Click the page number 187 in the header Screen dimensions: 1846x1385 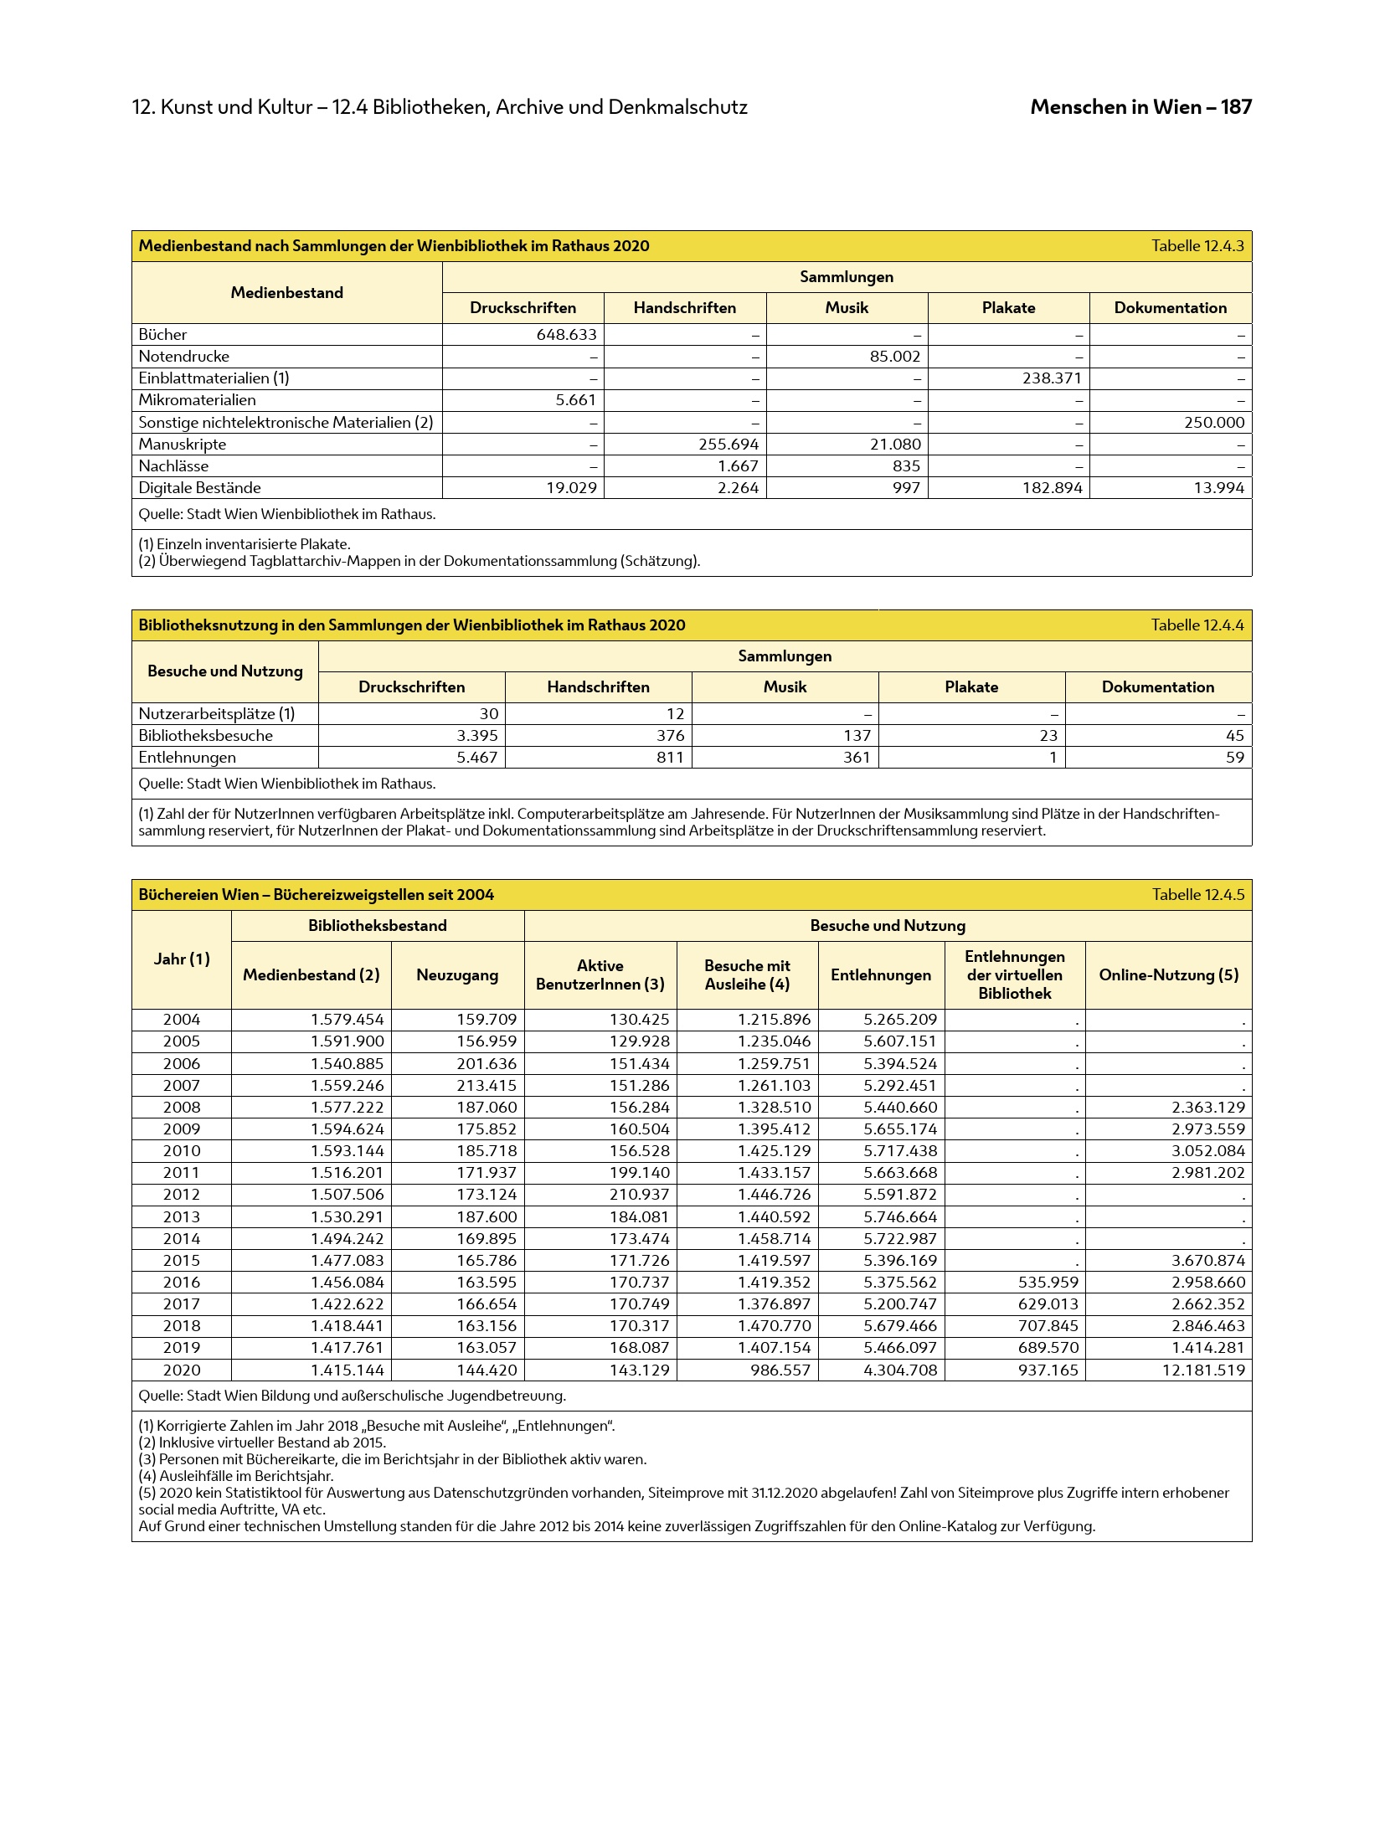(1236, 107)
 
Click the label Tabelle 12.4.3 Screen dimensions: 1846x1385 (1197, 246)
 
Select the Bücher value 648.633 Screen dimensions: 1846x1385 (566, 335)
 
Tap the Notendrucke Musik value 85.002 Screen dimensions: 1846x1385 (894, 357)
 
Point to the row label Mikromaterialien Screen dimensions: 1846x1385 (197, 400)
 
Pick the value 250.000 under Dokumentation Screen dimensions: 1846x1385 (1213, 423)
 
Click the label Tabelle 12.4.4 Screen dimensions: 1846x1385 (1197, 625)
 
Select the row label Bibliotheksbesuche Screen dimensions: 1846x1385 (205, 736)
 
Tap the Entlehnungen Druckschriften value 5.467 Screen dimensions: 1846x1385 (477, 758)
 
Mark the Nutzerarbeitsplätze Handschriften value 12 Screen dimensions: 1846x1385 (675, 714)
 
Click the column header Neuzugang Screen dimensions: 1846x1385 (457, 975)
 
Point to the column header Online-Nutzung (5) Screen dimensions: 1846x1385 (1168, 975)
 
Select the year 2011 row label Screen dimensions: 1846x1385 (181, 1173)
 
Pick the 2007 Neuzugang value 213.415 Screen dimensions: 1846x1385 (487, 1086)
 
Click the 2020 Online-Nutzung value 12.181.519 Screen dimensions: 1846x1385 (1203, 1370)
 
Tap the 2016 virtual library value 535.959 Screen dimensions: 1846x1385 (1048, 1283)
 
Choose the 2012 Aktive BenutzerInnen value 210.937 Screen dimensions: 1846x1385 (640, 1195)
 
